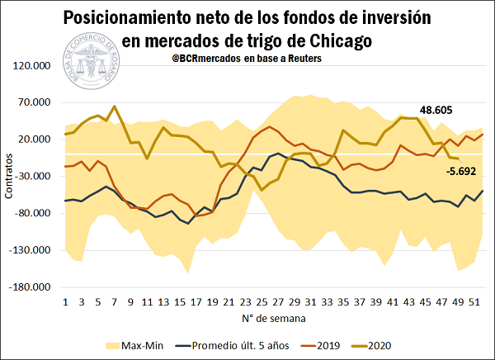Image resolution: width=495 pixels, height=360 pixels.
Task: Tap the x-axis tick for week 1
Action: [x=65, y=303]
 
